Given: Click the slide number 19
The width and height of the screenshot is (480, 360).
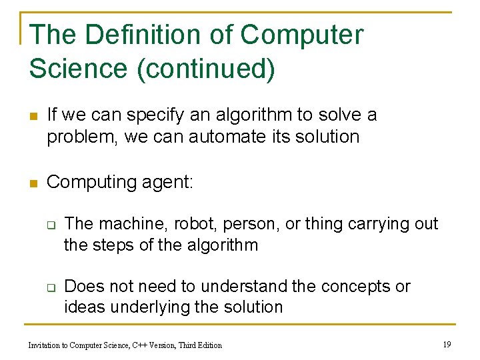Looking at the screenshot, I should click(447, 344).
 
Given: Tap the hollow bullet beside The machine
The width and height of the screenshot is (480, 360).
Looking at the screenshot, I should click(49, 225).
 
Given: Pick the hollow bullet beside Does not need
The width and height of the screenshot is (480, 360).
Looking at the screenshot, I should click(49, 288).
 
